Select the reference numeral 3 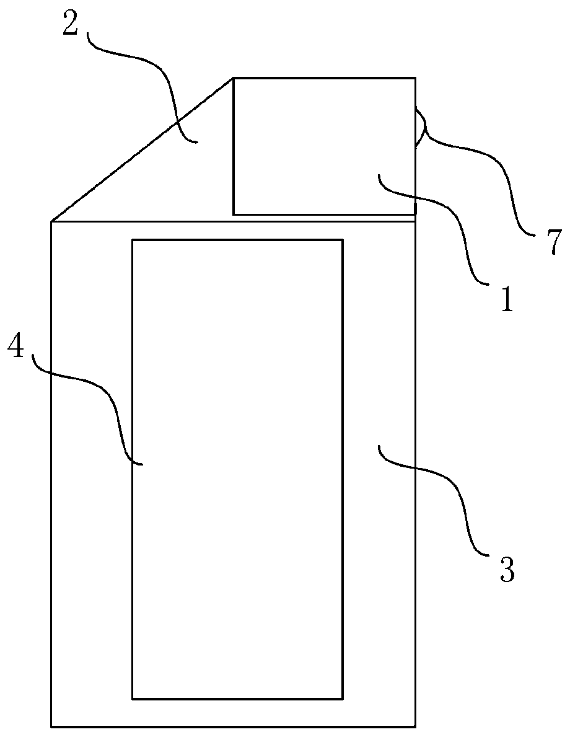506,569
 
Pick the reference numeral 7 553,241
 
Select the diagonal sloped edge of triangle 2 142,149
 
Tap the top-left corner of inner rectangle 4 133,240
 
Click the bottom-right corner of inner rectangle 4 343,699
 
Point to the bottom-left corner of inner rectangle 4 133,699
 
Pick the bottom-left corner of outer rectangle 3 51,726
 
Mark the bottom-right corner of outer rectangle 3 415,726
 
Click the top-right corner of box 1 415,78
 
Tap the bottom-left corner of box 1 233,214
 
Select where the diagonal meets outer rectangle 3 52,221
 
